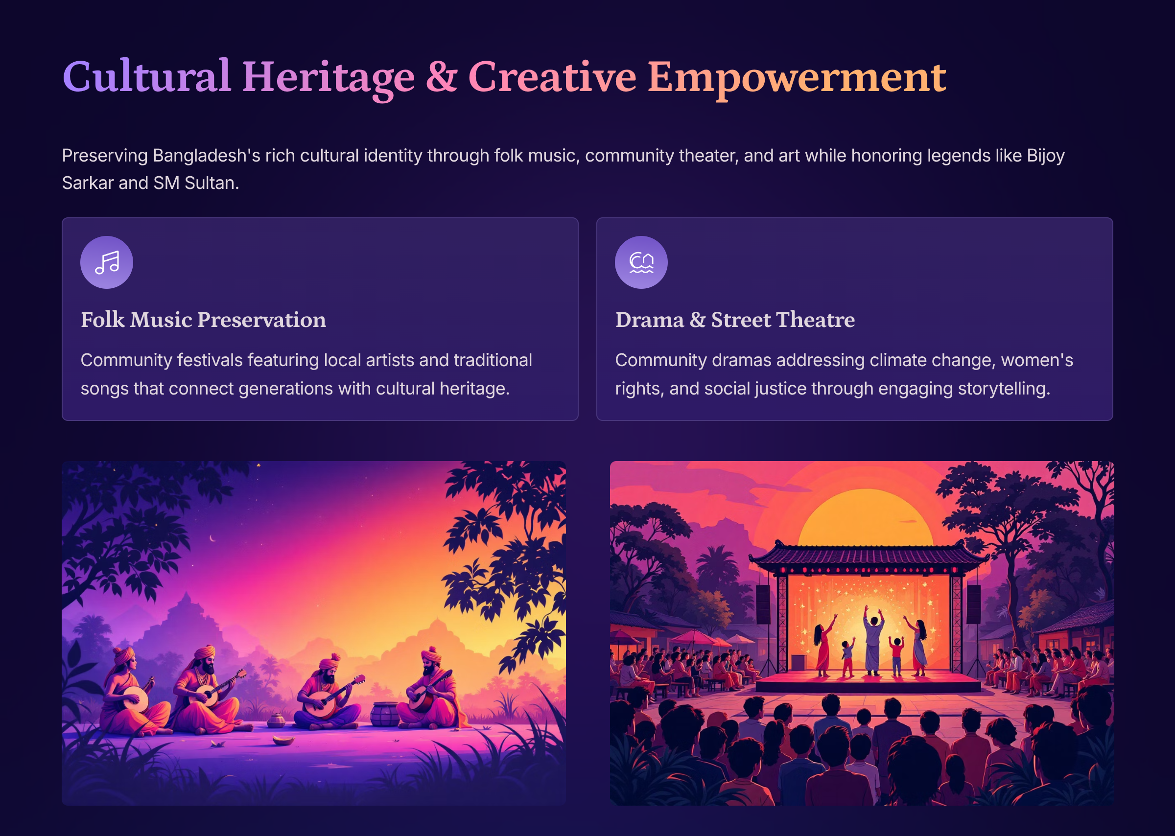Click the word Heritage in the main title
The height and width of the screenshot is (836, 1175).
[x=329, y=77]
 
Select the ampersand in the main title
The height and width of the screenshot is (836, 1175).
[x=441, y=76]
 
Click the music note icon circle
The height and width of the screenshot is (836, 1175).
[x=107, y=262]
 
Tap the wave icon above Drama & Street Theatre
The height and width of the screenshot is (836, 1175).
[x=641, y=262]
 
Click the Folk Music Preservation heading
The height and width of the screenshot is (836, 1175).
[x=203, y=320]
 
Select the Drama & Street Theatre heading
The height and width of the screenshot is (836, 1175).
[x=735, y=320]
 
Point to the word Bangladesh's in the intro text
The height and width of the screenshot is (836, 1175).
[x=207, y=156]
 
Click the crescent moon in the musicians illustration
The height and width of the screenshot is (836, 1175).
[x=212, y=538]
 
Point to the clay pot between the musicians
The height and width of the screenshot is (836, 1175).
[x=385, y=714]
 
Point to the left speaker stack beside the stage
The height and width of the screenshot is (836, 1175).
[x=763, y=604]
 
